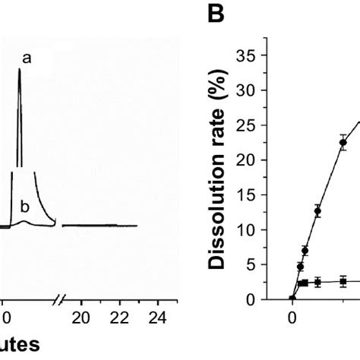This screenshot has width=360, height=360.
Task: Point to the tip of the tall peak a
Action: [x=19, y=71]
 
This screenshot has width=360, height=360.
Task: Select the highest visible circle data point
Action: [x=343, y=142]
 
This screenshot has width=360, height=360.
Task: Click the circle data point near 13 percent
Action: [x=317, y=210]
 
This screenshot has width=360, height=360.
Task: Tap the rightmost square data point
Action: [x=343, y=282]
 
